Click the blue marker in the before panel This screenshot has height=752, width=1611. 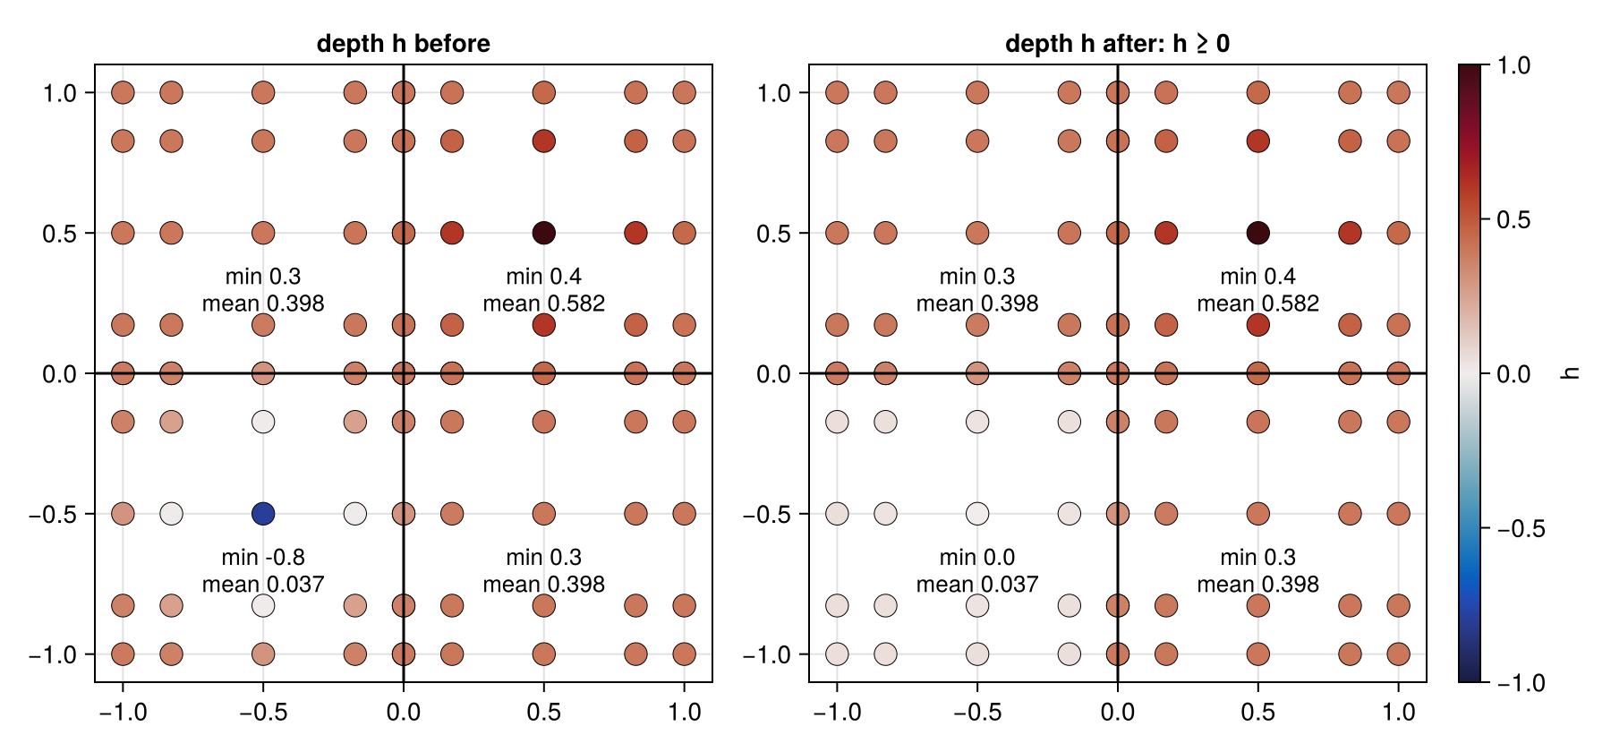[x=263, y=514]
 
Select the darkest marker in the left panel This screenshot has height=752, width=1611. [x=544, y=233]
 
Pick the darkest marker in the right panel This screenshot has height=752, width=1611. [x=1258, y=233]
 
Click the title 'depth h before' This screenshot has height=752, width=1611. [x=404, y=44]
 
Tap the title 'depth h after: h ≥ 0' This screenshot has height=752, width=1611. [x=1117, y=44]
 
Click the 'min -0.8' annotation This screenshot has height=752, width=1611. [x=263, y=557]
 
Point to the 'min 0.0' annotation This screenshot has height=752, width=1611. [x=977, y=557]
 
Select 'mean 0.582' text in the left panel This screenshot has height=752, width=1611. [x=544, y=303]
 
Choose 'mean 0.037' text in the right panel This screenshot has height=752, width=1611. [x=977, y=585]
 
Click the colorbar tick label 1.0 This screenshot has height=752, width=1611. [x=1513, y=65]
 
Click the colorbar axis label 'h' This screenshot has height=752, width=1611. [x=1569, y=373]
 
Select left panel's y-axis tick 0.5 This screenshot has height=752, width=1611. [x=60, y=234]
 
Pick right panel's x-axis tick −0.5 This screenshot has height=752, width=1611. [x=977, y=712]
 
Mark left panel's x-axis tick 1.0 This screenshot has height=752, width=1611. [x=685, y=712]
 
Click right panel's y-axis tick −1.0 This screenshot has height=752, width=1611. [x=767, y=654]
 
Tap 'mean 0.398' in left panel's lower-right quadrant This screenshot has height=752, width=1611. [x=544, y=585]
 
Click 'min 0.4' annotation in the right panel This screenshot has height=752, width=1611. [x=1258, y=276]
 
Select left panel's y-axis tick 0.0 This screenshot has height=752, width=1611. [x=60, y=373]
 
